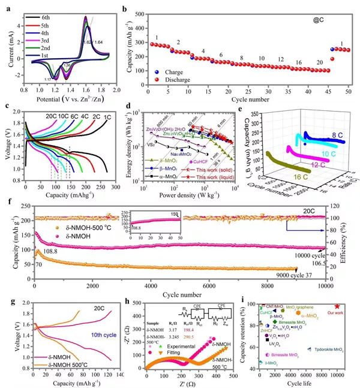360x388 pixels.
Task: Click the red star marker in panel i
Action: tap(337, 307)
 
